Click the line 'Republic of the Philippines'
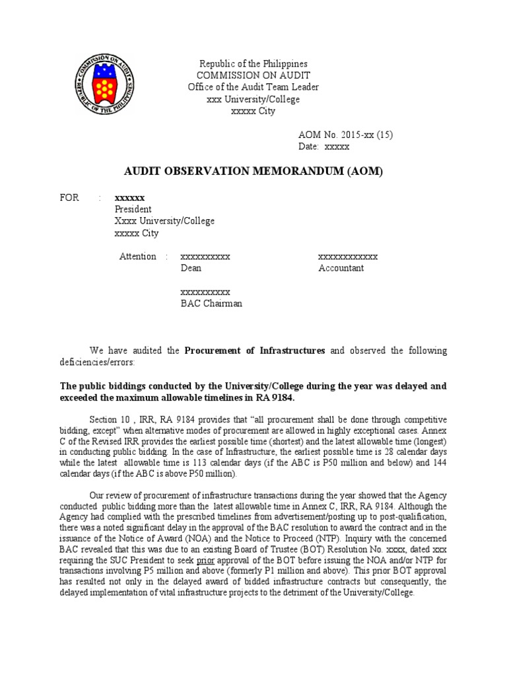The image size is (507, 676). click(253, 64)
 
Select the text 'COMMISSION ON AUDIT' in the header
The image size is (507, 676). click(253, 76)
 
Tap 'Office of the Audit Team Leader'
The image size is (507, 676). click(253, 88)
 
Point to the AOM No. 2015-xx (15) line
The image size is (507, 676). click(346, 135)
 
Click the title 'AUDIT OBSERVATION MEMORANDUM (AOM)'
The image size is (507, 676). click(253, 172)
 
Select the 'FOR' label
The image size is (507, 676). click(69, 197)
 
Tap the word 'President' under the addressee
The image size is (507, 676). click(133, 209)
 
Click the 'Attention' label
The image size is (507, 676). click(137, 256)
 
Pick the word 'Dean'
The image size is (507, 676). click(191, 268)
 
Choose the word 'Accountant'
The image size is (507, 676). click(341, 268)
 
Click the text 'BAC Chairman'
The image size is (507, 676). click(211, 304)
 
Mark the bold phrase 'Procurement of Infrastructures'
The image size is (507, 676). click(254, 351)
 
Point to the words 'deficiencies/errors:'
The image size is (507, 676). click(97, 362)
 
